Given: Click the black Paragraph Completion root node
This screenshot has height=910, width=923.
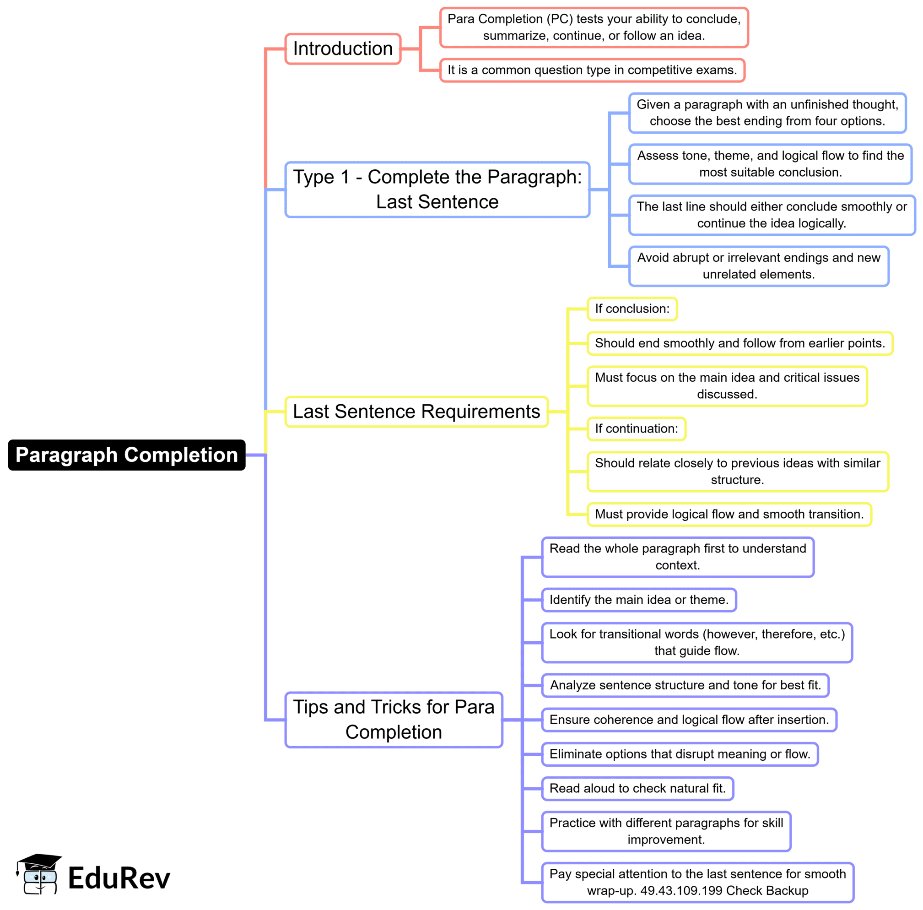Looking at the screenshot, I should (127, 455).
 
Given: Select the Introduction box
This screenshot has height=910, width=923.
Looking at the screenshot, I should (343, 49).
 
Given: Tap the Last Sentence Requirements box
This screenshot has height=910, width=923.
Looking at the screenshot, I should (416, 412).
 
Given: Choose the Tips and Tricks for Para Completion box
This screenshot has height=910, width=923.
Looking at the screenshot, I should (394, 719).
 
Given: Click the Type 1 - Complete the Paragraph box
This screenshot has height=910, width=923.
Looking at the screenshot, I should (437, 189).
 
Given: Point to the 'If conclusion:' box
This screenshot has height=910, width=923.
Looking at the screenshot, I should (632, 309).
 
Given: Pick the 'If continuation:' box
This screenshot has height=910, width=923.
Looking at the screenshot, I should (636, 429).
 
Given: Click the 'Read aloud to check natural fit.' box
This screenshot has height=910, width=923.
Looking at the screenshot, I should (637, 788).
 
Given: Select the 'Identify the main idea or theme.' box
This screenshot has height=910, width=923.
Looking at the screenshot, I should (639, 600).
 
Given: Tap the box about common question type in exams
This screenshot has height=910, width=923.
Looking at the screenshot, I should (592, 70).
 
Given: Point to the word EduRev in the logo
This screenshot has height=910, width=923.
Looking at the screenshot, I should (119, 878).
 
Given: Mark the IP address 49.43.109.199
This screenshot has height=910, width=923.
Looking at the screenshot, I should (681, 891).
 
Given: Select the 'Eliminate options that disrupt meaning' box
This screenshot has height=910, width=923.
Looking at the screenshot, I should (680, 754).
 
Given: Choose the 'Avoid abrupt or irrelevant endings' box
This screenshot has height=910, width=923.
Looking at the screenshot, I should (759, 266).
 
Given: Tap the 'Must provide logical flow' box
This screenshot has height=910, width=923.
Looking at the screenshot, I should (729, 514).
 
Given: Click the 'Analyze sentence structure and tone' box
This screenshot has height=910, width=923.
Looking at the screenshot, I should (685, 685).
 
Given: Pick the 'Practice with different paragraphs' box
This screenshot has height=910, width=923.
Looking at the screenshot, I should (666, 831).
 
